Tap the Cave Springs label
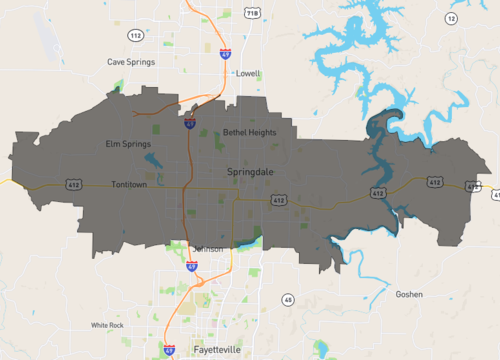(x=129, y=61)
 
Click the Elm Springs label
(x=128, y=144)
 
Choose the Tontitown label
(x=135, y=185)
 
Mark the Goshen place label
(x=409, y=294)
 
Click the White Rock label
(x=107, y=325)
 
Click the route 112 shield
(x=135, y=35)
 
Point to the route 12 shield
(x=451, y=18)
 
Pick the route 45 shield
(x=288, y=299)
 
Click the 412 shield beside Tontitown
(x=74, y=185)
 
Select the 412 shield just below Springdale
(x=279, y=201)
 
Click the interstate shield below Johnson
(x=191, y=267)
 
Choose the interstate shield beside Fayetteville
(x=167, y=351)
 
